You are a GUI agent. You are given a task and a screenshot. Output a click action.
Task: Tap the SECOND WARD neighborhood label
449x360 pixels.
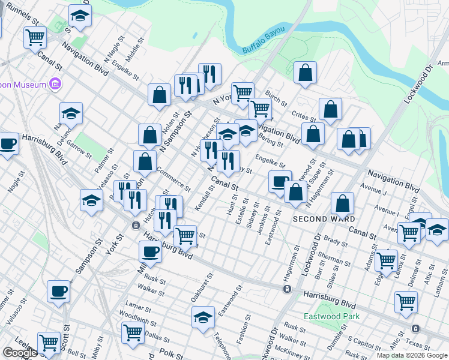[323, 219]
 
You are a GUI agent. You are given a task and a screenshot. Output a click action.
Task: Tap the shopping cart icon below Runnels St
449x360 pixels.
[35, 37]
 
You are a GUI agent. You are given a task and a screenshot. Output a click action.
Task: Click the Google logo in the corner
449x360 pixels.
[20, 353]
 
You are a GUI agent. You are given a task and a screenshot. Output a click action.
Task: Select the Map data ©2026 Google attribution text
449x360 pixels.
[412, 355]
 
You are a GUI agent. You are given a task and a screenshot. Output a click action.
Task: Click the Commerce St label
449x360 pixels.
[173, 179]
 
